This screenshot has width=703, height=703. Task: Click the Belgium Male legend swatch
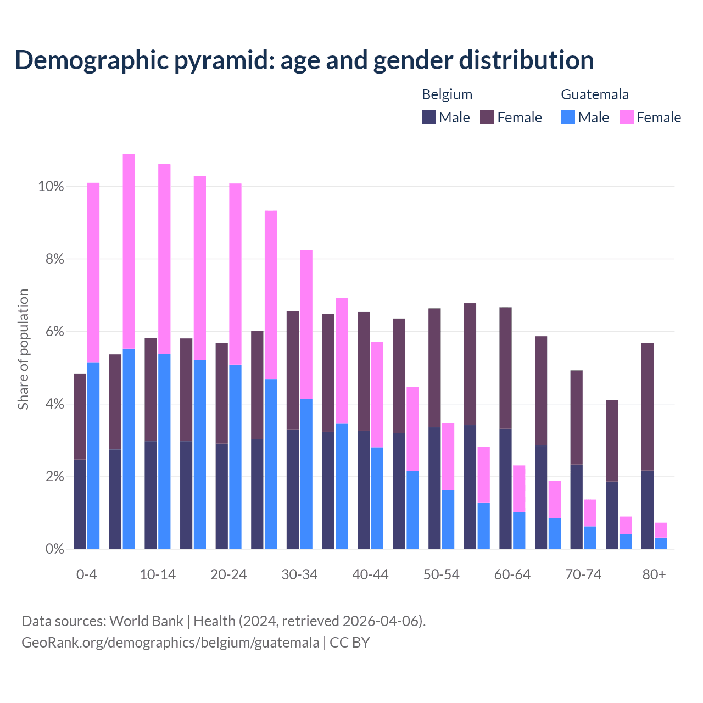coord(429,117)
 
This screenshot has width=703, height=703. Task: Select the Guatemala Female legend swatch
coord(627,117)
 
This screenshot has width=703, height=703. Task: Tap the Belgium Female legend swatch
coord(487,117)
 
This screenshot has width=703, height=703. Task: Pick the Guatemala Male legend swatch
coord(568,117)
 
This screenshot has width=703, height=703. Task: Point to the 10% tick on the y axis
coord(51,187)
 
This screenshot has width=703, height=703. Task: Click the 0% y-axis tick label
coord(54,549)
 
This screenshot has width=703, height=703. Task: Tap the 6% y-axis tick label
coord(54,332)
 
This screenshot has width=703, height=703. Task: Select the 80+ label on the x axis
coord(654,575)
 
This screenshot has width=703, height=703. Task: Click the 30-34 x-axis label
coord(299,575)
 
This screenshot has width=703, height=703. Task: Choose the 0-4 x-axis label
coord(87,575)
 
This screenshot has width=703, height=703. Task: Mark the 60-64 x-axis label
coord(512,575)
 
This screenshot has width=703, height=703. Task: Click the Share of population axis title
coord(24,349)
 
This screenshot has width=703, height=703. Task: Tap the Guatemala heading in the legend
coord(595,94)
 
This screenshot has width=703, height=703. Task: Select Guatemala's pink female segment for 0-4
coord(93,272)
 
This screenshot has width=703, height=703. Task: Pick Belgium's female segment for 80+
coord(648,406)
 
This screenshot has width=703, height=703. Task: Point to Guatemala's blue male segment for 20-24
coord(235,456)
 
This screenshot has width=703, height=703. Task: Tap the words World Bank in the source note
coord(146,621)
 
